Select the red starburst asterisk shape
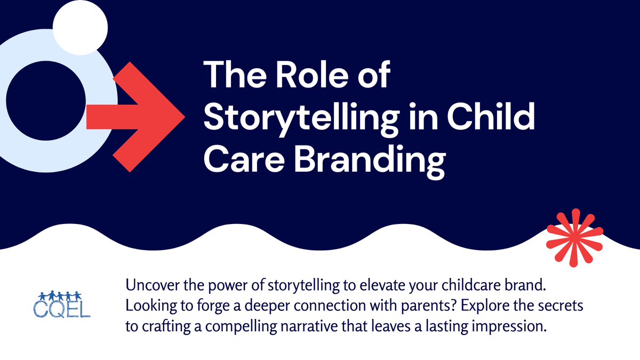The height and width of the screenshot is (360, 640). [574, 237]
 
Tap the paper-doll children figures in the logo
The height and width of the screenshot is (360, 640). [60, 295]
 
